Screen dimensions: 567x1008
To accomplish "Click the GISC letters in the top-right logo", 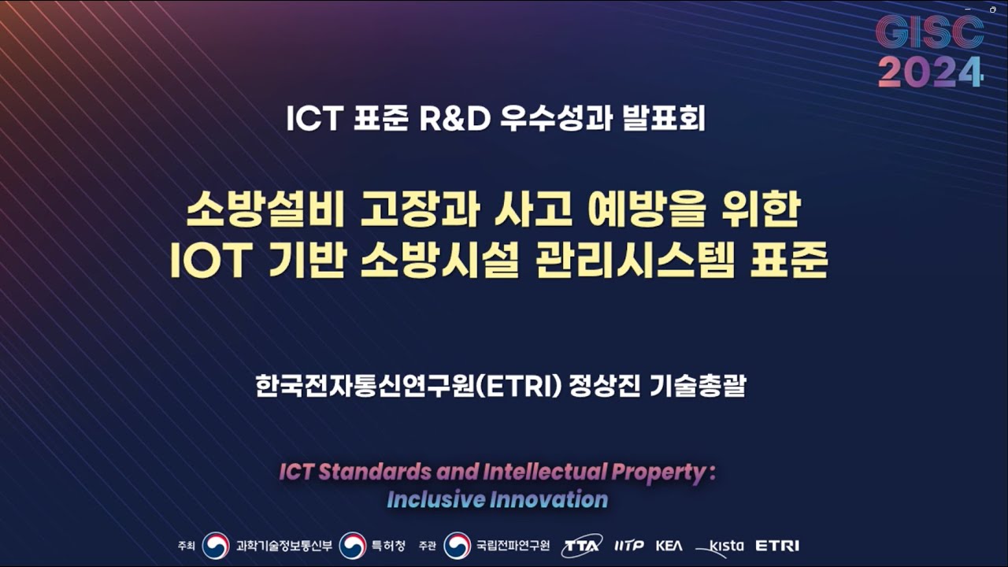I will (930, 32).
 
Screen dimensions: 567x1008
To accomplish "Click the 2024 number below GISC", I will (930, 72).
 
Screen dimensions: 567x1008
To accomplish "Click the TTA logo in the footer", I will (581, 546).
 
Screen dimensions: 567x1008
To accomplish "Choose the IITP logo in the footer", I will (629, 546).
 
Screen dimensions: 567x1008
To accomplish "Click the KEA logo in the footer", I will (669, 546).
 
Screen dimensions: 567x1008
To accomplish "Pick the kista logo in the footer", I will (721, 546).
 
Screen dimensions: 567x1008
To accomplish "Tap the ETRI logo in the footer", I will (776, 546).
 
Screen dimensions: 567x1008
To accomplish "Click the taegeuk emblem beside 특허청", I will (353, 546).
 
